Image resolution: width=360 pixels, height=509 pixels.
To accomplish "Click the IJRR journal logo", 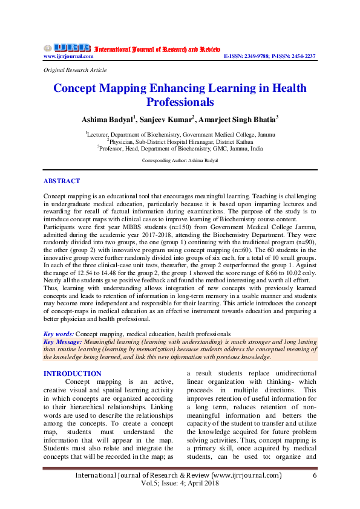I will coord(67,48).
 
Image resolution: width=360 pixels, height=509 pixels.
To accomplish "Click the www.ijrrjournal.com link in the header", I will coord(68,56).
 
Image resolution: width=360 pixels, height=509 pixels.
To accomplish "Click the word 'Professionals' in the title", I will coord(180,102).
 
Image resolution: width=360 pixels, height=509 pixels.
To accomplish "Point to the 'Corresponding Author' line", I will coord(180,161).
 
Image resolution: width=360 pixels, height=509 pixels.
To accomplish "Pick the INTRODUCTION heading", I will coord(73,374).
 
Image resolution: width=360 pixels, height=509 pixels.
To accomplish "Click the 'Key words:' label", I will coord(59,334).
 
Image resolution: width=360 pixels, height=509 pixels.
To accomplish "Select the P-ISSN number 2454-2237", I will coord(302,56).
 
